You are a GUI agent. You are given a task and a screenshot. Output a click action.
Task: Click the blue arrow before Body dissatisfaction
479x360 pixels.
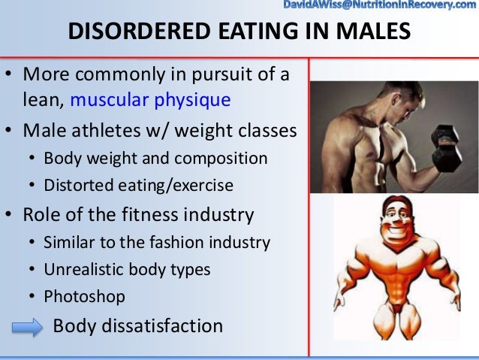(27, 327)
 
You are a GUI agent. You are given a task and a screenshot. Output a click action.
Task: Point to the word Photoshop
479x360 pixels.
(84, 296)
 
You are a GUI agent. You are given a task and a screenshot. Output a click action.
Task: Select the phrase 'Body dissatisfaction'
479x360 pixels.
(137, 326)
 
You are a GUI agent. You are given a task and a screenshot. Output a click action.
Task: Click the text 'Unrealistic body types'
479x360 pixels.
(127, 269)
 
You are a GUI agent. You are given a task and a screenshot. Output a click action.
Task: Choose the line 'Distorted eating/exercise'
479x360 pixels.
(138, 184)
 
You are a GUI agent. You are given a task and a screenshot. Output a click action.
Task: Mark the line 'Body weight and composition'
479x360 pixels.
(155, 159)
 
